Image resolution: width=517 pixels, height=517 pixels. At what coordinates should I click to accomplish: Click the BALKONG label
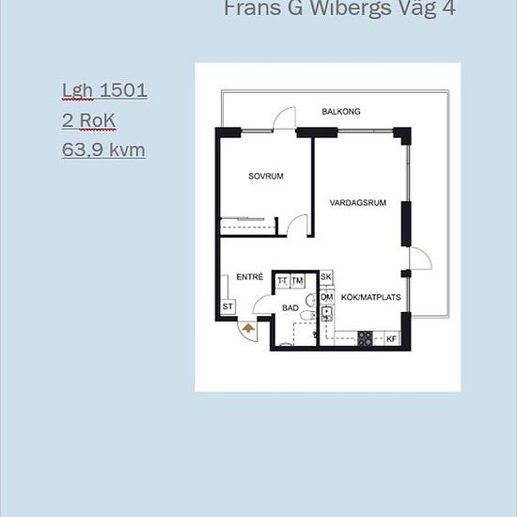click(341, 112)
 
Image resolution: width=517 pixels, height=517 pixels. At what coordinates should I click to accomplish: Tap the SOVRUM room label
click(266, 176)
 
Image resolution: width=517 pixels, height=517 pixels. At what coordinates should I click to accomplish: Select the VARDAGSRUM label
click(358, 202)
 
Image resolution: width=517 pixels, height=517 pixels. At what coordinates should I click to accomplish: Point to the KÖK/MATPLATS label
click(370, 297)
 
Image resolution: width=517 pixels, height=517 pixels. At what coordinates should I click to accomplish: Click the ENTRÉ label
click(250, 276)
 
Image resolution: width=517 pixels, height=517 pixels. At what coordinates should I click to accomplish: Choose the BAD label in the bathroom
click(290, 308)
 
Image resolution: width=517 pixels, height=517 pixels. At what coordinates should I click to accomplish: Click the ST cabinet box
click(227, 306)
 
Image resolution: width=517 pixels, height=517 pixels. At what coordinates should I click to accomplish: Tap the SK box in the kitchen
click(326, 277)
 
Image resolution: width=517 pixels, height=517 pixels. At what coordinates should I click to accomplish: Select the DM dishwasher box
click(327, 297)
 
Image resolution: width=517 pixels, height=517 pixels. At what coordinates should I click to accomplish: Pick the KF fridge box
click(391, 338)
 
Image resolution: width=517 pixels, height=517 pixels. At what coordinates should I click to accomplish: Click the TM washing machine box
click(297, 281)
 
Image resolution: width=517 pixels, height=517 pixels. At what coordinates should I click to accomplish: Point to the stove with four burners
click(365, 338)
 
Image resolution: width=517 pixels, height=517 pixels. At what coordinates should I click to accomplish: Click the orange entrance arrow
click(248, 327)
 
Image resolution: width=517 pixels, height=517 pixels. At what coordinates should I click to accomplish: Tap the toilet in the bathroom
click(307, 315)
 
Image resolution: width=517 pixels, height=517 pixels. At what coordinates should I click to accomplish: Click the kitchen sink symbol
click(326, 314)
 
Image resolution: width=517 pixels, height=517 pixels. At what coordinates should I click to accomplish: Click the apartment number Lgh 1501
click(104, 90)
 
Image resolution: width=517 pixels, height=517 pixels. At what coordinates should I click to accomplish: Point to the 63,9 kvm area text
click(103, 150)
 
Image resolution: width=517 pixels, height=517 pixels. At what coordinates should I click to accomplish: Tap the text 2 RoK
click(88, 120)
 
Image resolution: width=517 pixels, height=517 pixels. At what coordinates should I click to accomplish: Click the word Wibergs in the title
click(351, 8)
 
